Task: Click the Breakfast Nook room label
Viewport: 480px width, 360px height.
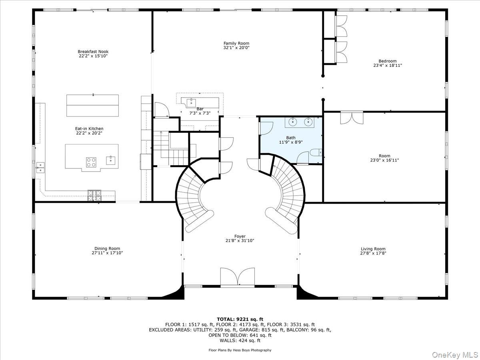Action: click(93, 52)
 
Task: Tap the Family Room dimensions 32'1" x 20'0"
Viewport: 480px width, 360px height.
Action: click(236, 48)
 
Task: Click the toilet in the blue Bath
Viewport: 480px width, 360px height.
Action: click(315, 153)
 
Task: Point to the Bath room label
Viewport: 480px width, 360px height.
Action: click(291, 138)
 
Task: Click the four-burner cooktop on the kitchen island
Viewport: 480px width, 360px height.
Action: click(91, 162)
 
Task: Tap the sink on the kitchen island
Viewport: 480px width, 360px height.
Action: click(110, 160)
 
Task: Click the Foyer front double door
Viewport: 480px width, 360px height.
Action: click(237, 277)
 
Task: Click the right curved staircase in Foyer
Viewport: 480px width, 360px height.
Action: click(287, 196)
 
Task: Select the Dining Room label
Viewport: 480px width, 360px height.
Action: click(107, 248)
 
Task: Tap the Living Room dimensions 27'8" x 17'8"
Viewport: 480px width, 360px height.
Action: click(373, 253)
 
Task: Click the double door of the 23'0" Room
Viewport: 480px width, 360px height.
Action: click(352, 118)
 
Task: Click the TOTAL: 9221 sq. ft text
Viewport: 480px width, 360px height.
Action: click(240, 319)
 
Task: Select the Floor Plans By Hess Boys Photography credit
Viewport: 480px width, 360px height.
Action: click(240, 350)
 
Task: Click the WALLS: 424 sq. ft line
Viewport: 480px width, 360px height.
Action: click(240, 340)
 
